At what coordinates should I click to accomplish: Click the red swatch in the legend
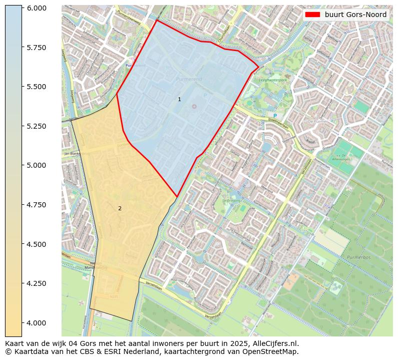pos(313,15)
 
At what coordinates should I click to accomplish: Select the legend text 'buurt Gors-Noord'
pos(355,15)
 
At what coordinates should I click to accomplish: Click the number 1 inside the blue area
pos(179,100)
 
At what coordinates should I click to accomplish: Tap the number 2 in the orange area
pos(120,208)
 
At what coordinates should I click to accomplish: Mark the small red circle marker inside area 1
pos(194,106)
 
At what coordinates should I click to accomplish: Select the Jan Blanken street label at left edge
pos(74,154)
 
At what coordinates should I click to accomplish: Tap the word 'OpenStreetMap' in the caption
pos(273,351)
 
